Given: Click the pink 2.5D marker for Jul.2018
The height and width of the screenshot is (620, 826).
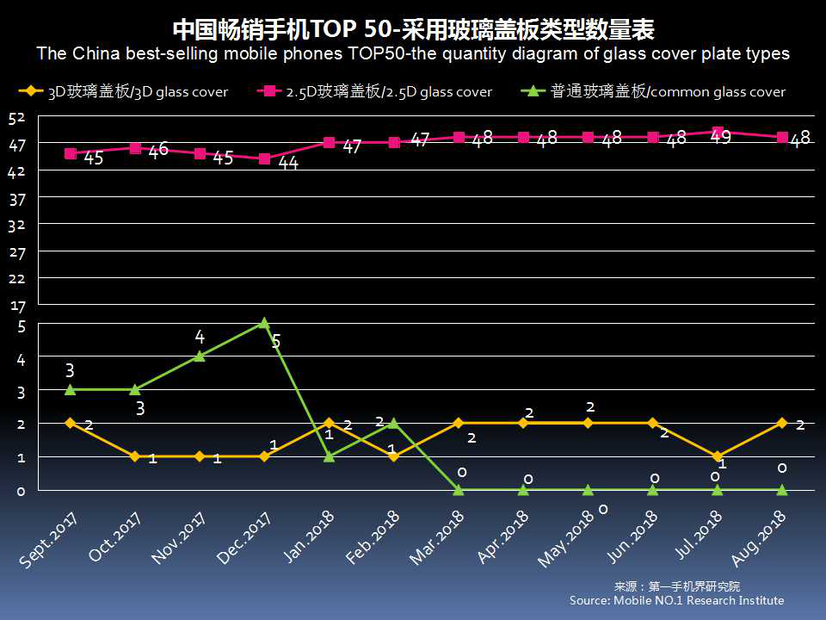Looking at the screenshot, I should coord(717,132).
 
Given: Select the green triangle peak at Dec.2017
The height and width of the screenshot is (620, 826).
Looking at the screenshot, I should coord(264,323).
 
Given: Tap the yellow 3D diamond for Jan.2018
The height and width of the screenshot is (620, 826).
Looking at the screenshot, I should coord(329,423).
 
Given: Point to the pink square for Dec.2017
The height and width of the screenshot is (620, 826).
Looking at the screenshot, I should coord(264,158).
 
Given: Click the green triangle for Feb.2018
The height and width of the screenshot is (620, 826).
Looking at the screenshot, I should coord(393,423).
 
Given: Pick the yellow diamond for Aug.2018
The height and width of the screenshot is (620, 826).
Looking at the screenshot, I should coord(781,423).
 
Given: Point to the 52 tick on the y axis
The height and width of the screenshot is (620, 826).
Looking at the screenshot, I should coord(18,118).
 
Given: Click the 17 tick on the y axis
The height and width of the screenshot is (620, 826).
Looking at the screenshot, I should coord(18,306).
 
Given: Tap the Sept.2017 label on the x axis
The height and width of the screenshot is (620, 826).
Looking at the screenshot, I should coord(50,537).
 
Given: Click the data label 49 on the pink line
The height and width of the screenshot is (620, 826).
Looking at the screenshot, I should coord(720,137).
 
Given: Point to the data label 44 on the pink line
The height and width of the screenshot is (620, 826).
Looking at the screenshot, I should coord(288,163).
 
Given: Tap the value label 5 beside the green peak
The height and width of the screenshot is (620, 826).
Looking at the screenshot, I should coord(276,342).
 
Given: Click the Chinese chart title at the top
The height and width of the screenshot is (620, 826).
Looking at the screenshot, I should coord(413,29).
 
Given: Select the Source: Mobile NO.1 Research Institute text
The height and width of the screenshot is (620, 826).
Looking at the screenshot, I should coord(676,600).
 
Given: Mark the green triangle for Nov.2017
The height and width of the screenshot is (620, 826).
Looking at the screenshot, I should coord(200,356).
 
